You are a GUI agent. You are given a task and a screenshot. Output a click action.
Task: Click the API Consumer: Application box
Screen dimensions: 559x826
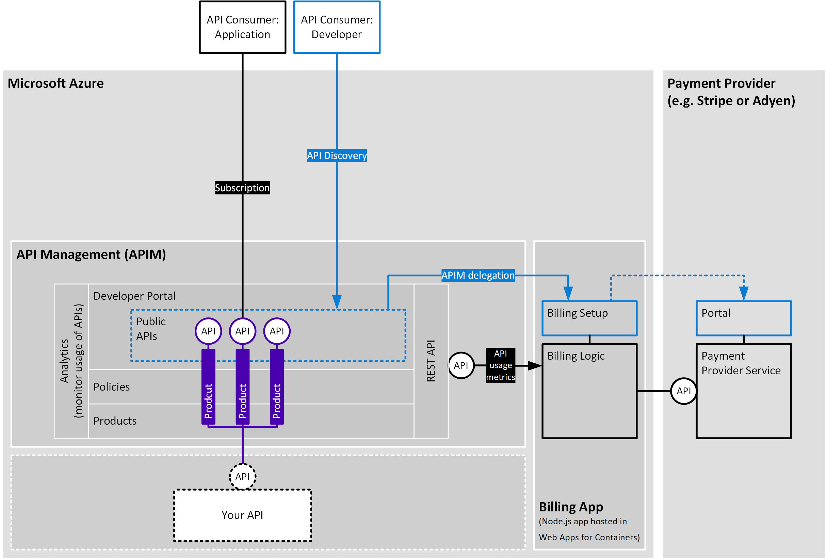click(242, 27)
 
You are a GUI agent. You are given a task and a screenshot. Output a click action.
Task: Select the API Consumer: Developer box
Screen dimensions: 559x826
click(337, 27)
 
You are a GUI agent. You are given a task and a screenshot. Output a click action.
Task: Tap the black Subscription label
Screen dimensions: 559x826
click(242, 187)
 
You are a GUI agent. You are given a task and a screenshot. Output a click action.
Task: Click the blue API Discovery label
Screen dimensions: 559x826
click(337, 155)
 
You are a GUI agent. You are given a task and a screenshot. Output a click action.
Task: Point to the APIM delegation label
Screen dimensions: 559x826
click(478, 275)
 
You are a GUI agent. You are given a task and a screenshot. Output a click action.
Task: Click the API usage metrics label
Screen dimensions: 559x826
click(500, 365)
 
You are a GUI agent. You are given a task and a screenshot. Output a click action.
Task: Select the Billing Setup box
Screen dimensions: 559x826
click(589, 318)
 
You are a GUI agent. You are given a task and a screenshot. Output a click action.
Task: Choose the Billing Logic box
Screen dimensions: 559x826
click(589, 391)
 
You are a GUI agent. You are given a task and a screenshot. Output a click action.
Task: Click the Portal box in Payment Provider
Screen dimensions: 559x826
click(744, 318)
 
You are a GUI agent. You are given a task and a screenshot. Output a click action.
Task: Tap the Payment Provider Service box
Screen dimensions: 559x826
click(744, 391)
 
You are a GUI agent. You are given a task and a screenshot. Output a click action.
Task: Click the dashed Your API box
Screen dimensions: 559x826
click(242, 515)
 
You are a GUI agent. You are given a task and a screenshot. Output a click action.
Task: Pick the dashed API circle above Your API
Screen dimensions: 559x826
click(242, 477)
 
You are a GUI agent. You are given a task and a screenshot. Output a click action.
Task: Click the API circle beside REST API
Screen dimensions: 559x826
click(461, 365)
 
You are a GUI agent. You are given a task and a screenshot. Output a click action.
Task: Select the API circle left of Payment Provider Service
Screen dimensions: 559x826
click(683, 391)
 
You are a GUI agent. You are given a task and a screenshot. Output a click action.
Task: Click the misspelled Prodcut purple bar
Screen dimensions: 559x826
click(208, 388)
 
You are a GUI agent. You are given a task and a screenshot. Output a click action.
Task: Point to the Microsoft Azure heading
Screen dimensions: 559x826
click(56, 83)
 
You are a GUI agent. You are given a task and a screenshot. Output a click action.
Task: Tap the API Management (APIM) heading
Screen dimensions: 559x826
click(91, 254)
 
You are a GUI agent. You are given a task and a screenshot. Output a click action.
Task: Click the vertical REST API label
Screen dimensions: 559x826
click(431, 361)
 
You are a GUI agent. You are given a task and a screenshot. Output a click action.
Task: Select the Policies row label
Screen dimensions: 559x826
click(112, 387)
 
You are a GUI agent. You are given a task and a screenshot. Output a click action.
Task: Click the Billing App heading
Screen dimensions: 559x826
click(571, 507)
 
